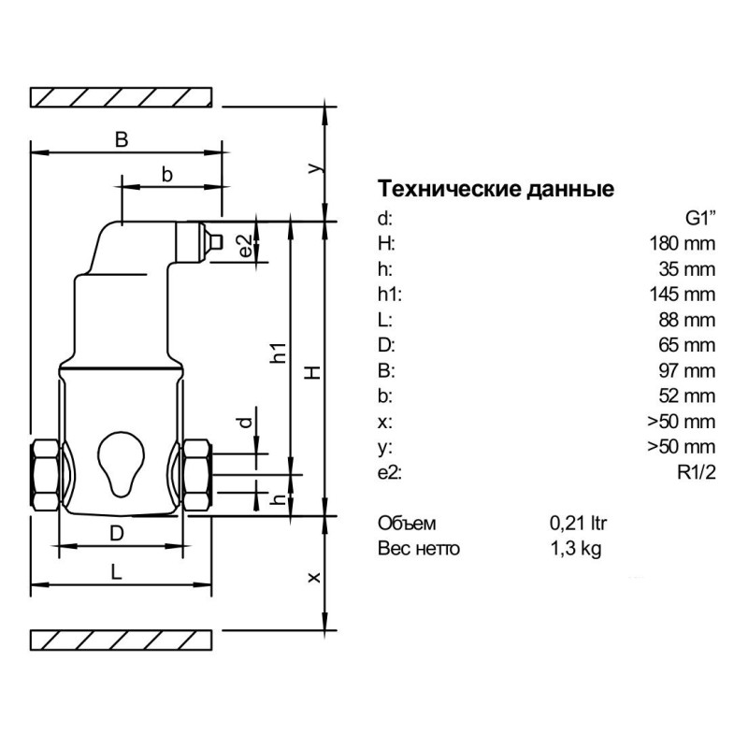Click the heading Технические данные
(x=496, y=190)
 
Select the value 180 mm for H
(x=683, y=244)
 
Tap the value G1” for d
(x=700, y=219)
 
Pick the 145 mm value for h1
(x=683, y=295)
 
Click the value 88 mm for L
(x=687, y=320)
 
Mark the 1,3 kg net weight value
(x=575, y=548)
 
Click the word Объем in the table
(x=407, y=523)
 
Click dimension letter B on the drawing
(x=121, y=138)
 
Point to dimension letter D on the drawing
(x=117, y=533)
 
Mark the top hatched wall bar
(x=122, y=96)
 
